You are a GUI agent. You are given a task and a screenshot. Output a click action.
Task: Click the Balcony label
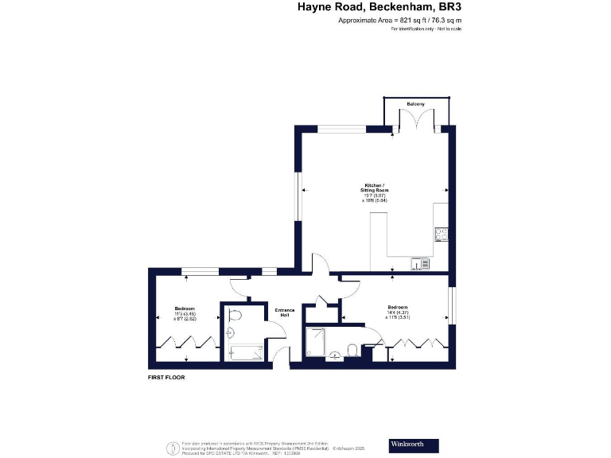pyautogui.click(x=415, y=104)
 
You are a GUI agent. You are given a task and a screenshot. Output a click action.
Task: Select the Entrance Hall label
pyautogui.click(x=285, y=312)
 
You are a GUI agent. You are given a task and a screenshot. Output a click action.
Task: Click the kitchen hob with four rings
pyautogui.click(x=442, y=235)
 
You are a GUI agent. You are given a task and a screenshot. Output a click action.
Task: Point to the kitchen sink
pyautogui.click(x=420, y=263)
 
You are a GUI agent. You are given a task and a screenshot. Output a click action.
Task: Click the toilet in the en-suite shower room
pyautogui.click(x=351, y=347)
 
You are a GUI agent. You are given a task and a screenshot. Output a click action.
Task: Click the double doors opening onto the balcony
pyautogui.click(x=415, y=118)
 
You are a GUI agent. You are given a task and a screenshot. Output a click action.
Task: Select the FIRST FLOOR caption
pyautogui.click(x=166, y=378)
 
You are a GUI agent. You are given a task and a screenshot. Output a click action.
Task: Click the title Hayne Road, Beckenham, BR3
pyautogui.click(x=379, y=7)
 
